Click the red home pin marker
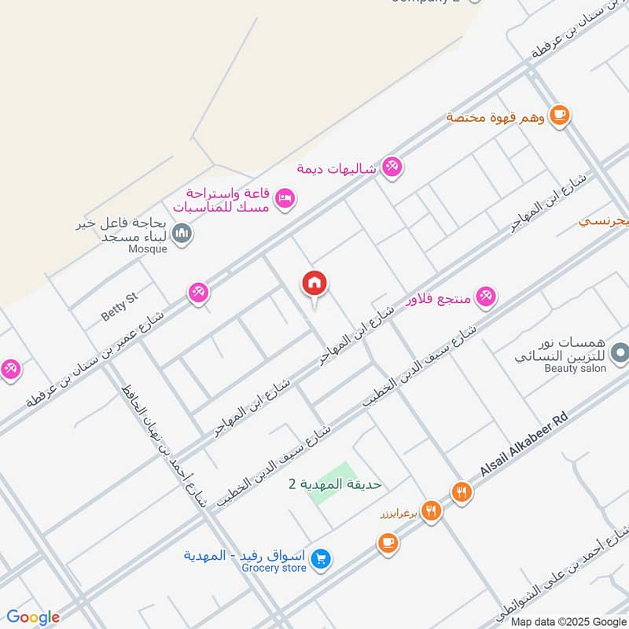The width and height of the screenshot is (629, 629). (314, 284)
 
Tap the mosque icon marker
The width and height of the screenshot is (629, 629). (182, 234)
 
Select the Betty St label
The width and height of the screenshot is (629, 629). (120, 307)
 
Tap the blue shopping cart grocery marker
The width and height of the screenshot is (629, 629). (320, 560)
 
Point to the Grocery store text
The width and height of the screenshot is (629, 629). (274, 568)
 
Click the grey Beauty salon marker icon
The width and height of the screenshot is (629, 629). (620, 351)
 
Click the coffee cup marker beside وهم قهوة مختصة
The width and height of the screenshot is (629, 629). (559, 115)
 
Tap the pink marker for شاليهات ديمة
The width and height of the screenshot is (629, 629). (392, 167)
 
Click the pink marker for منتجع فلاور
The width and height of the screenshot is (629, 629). (485, 296)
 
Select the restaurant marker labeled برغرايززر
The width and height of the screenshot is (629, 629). (431, 512)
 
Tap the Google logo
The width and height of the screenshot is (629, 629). (33, 617)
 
